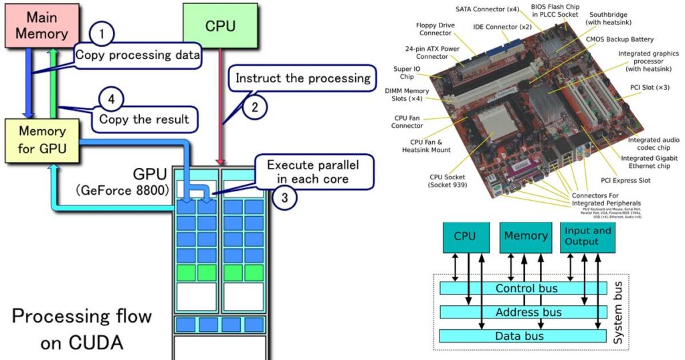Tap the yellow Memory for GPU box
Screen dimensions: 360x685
click(42, 140)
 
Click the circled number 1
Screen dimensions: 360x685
click(102, 34)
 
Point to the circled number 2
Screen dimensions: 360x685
click(255, 105)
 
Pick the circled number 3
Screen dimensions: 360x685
click(284, 197)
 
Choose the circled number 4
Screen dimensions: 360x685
click(111, 100)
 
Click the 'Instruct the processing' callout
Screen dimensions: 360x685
click(302, 78)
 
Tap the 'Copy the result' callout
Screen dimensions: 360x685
click(144, 120)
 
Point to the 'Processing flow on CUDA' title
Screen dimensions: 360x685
click(81, 329)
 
